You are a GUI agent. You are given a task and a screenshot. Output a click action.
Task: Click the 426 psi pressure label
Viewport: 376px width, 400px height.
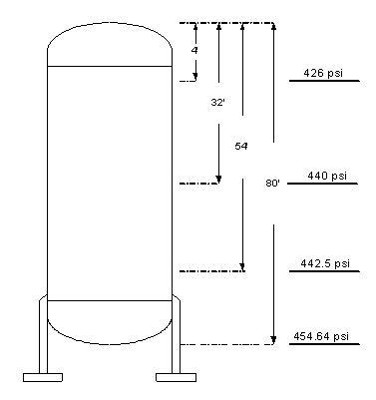point(323,73)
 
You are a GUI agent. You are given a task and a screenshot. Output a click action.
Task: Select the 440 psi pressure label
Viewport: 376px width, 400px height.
point(327,176)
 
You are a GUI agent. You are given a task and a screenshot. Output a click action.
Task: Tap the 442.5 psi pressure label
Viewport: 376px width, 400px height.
point(325,263)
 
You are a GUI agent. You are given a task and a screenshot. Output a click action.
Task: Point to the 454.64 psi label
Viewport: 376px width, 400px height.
point(321,336)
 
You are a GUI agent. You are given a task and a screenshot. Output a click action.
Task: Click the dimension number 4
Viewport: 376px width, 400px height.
point(194,50)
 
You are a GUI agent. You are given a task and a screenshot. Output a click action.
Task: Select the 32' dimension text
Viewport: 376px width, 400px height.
point(217,103)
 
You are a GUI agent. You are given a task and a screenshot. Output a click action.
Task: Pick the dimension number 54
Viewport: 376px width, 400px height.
point(241,146)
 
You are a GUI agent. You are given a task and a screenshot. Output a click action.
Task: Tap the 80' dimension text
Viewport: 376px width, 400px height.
point(272,183)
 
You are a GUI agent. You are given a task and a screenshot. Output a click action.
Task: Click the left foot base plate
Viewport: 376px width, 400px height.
point(43,377)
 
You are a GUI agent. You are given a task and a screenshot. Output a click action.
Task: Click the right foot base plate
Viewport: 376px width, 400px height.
point(176,377)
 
